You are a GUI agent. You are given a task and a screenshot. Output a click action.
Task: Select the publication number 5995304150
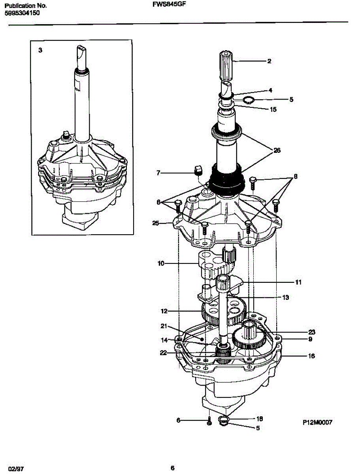click(22, 13)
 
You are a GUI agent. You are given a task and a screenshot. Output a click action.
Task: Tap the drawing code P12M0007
click(317, 422)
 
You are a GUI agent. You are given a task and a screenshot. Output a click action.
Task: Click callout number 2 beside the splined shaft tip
click(269, 61)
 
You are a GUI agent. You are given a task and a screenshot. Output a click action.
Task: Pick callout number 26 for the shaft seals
click(277, 150)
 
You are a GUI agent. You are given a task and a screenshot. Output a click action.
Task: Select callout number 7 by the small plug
click(158, 172)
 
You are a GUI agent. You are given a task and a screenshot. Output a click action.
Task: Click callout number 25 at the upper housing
click(156, 224)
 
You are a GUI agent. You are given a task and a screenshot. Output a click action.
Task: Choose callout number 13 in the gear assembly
click(285, 297)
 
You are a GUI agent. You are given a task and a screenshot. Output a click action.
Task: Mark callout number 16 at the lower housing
click(311, 356)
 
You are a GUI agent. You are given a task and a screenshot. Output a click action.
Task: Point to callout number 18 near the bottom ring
click(260, 419)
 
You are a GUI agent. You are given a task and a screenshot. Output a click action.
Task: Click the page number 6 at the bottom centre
click(172, 468)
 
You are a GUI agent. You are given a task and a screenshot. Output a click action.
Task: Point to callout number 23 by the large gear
click(312, 332)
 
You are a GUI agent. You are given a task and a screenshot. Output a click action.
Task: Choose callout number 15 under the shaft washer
click(273, 109)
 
